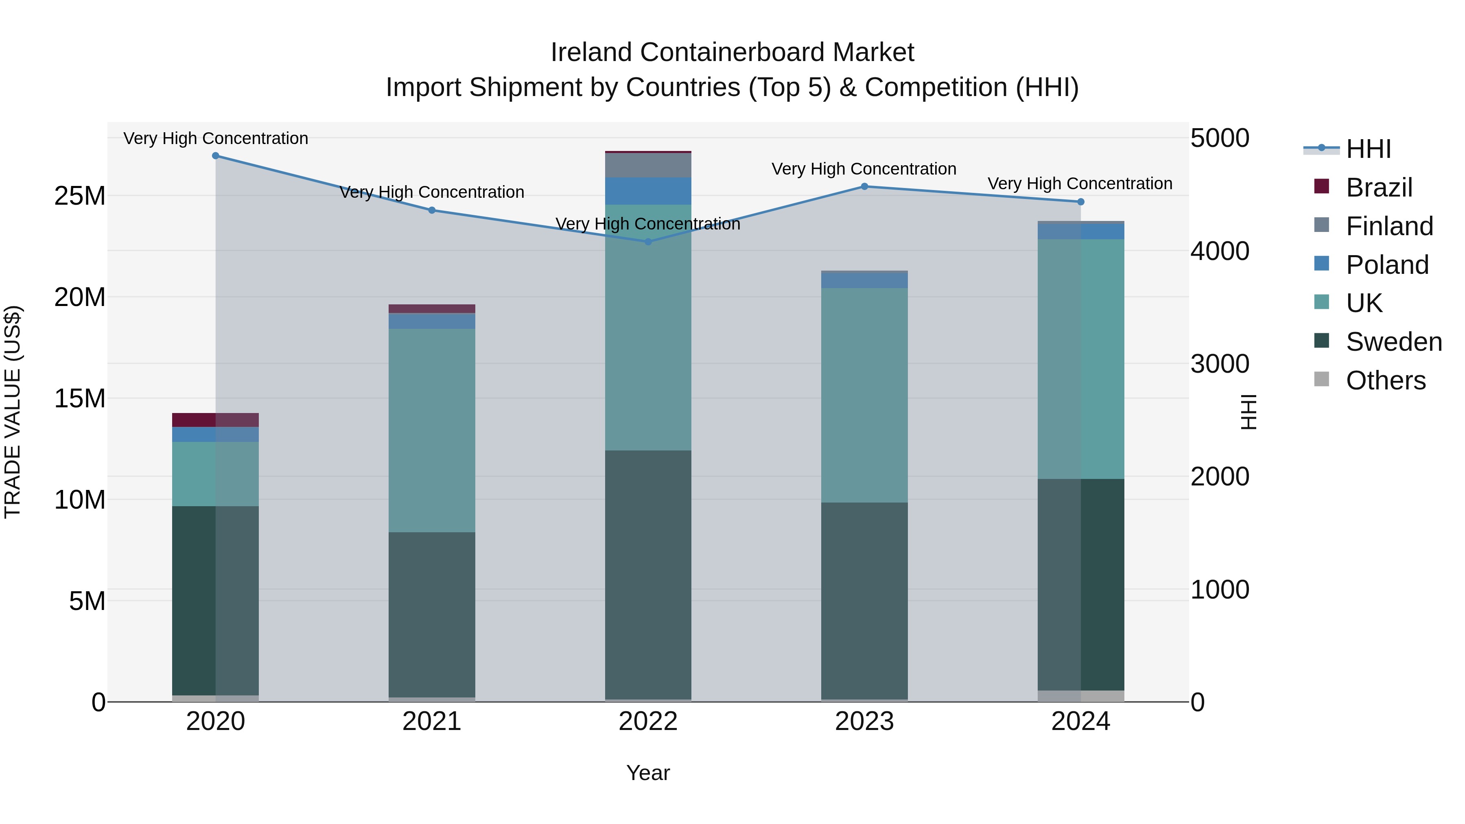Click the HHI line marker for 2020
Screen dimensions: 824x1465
216,156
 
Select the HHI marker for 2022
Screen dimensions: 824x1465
648,242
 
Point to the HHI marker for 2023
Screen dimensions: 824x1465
864,186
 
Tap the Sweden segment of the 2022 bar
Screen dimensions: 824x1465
648,574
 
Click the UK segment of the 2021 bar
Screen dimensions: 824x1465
432,431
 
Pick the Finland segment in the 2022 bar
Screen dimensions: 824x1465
648,166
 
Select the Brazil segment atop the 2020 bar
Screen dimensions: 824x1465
216,420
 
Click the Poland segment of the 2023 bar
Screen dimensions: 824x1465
864,280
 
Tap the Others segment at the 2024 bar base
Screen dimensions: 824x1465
1080,696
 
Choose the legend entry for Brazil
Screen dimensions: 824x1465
1379,188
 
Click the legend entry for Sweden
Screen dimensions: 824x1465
1393,342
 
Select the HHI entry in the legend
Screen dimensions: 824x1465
1368,149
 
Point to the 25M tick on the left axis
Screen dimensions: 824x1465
80,196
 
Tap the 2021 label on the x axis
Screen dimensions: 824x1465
432,721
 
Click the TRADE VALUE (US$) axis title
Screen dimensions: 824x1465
13,412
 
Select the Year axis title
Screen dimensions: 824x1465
648,773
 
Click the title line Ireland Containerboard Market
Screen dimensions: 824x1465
732,52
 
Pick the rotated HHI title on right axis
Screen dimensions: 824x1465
1249,412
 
